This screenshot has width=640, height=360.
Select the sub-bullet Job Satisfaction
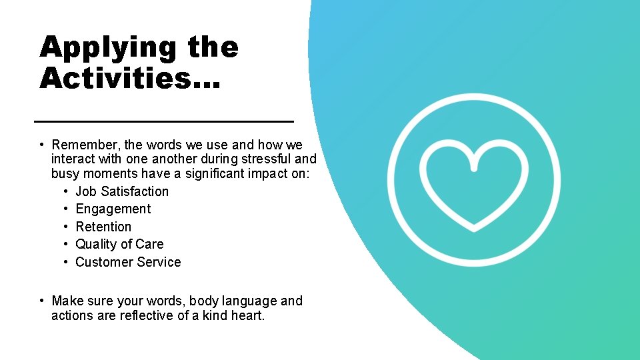(122, 191)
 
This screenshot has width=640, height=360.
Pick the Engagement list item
(113, 209)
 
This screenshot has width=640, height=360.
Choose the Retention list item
(103, 227)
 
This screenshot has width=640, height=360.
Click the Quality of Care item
(119, 244)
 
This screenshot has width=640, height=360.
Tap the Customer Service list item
(128, 262)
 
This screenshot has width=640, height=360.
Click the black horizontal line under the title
(164, 121)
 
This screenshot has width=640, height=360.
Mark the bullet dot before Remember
(41, 145)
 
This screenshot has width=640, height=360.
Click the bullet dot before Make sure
(41, 301)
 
